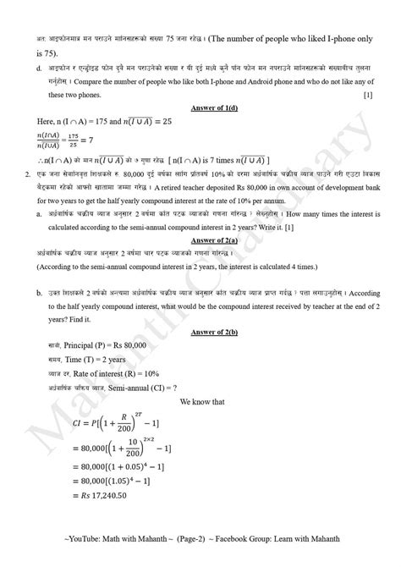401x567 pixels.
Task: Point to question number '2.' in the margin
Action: pos(30,194)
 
